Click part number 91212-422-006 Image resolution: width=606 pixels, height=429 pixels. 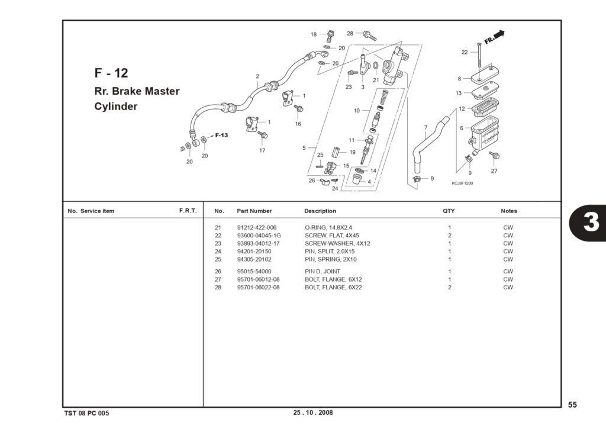(257, 228)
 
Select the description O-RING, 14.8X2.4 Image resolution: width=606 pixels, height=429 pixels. (328, 228)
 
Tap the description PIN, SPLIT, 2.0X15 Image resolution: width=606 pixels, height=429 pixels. (330, 251)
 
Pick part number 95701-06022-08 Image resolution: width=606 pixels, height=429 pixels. (258, 287)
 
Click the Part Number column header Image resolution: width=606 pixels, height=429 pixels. (254, 211)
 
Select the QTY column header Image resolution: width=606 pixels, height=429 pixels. (449, 211)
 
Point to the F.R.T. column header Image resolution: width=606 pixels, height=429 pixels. (188, 211)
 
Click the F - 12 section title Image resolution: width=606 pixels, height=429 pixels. (111, 73)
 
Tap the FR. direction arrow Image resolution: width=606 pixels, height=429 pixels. (494, 37)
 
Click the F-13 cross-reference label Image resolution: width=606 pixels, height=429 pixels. (221, 136)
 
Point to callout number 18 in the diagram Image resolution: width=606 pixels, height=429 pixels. (314, 34)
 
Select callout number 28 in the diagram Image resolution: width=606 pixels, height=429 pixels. (350, 33)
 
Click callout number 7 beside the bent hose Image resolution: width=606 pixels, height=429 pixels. (426, 128)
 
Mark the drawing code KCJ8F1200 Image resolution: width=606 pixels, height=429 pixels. (462, 183)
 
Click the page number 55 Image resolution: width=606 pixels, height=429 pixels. (572, 405)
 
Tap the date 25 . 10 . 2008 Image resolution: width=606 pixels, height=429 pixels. (312, 412)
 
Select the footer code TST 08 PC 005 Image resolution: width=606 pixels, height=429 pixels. (86, 413)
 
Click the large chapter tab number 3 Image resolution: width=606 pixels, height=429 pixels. (591, 222)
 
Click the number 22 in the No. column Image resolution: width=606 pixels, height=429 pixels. (218, 236)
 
